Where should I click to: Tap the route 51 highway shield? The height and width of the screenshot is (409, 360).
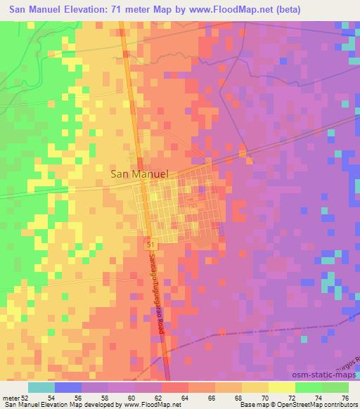[x=150, y=242]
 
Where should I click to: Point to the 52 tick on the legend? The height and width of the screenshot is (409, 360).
[x=26, y=398]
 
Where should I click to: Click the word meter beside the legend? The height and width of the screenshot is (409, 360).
[x=11, y=398]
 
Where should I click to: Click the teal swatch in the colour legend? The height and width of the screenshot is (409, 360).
[x=41, y=387]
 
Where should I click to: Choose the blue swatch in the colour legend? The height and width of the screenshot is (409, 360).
[x=68, y=387]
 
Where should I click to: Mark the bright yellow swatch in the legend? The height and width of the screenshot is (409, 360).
[x=281, y=387]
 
